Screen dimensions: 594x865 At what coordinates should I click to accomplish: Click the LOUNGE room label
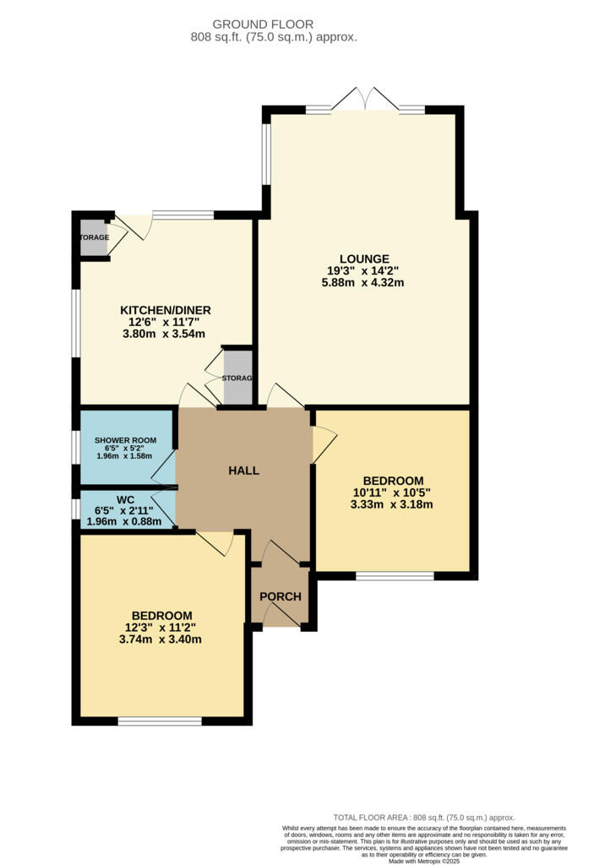pos(364,258)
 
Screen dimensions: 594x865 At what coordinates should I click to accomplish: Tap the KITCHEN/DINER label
pos(166,311)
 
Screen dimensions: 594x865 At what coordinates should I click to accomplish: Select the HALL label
pos(244,471)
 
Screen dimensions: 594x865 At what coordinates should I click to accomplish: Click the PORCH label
pos(281,596)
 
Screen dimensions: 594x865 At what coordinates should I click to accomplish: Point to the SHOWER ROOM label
pos(125,440)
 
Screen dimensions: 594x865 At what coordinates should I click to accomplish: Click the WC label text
pos(125,500)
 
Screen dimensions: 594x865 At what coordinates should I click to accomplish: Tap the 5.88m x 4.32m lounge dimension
pos(362,283)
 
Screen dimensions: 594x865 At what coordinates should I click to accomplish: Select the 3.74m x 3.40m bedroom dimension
pos(160,640)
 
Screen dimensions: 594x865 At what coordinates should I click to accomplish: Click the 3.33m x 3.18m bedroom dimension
pos(391,505)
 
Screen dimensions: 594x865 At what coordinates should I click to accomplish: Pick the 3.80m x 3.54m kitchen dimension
pos(164,334)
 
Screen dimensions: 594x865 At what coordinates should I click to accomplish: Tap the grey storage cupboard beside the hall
pos(238,378)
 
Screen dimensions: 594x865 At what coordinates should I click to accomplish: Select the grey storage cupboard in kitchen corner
pos(94,237)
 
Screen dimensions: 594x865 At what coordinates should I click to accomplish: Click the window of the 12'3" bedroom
pos(160,721)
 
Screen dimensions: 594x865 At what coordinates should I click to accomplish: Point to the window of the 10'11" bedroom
pos(395,576)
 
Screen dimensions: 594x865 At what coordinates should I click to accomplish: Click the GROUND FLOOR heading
pos(263,24)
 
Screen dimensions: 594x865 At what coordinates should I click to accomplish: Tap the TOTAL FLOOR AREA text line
pos(424,818)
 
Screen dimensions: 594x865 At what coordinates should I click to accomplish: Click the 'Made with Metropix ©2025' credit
pos(424,861)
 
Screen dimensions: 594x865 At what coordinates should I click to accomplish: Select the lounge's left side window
pos(266,154)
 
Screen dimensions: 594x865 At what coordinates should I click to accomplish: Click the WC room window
pos(76,509)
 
